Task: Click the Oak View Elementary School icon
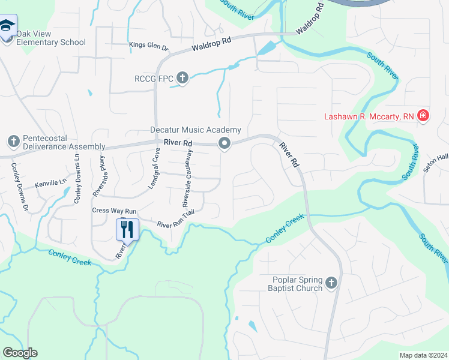click(x=8, y=26)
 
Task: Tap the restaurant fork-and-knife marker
click(x=127, y=229)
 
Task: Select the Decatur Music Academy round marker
click(x=224, y=143)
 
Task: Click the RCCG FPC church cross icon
click(x=182, y=78)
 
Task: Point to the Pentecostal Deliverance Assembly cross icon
click(x=13, y=142)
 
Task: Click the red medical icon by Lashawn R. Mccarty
click(x=423, y=115)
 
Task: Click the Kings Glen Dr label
click(x=149, y=44)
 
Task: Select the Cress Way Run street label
click(x=115, y=211)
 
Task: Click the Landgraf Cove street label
click(x=154, y=170)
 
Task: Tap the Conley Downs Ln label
click(x=77, y=179)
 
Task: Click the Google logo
click(x=20, y=353)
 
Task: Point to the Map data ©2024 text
click(x=423, y=355)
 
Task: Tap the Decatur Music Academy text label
click(x=196, y=130)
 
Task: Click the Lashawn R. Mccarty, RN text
click(x=369, y=116)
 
